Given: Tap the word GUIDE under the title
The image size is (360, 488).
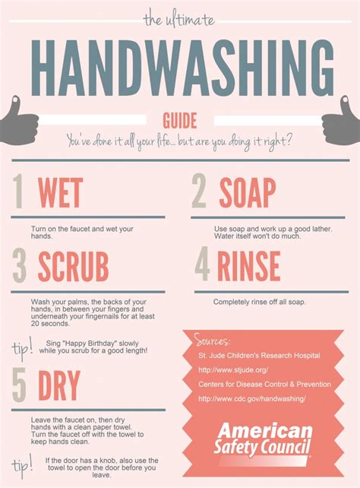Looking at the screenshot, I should [x=180, y=120].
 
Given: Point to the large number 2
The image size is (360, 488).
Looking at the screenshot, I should [x=199, y=192].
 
